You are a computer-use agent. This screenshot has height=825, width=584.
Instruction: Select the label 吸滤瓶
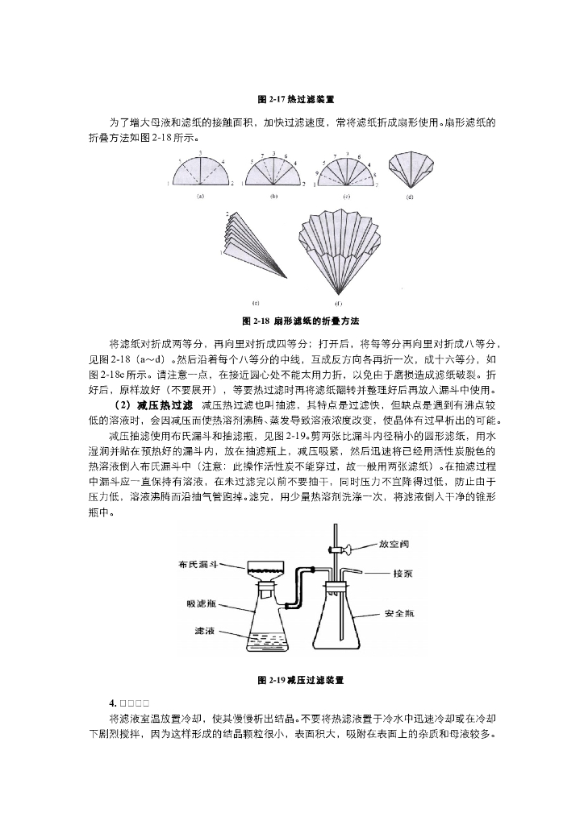point(202,603)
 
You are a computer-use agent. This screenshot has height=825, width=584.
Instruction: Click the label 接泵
point(402,574)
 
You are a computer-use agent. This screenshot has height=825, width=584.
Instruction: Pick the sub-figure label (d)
point(410,196)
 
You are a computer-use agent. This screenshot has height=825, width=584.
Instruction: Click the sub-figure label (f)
point(338,304)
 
